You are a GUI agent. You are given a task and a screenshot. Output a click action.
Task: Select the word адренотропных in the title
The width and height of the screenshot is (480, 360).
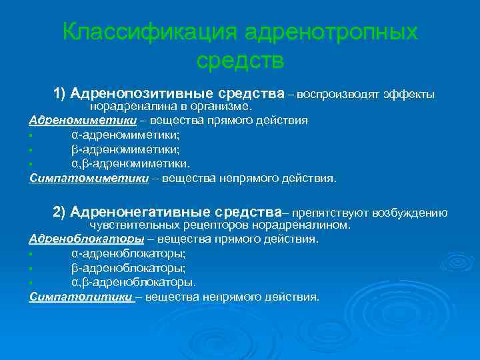(331, 32)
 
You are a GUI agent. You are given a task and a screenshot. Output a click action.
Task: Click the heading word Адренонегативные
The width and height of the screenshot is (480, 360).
(138, 212)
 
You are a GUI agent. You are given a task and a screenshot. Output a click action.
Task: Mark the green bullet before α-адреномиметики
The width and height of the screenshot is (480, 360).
(31, 136)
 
